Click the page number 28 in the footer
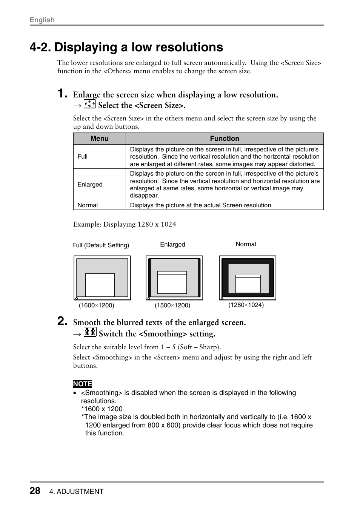[x=35, y=490]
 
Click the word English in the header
[x=42, y=20]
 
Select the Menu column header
[x=99, y=139]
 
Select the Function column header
[x=225, y=139]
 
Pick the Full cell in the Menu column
[x=82, y=156]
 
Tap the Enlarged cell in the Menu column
[x=90, y=184]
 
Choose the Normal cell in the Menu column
[x=88, y=205]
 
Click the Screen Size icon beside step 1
[x=90, y=104]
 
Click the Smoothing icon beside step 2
[x=90, y=332]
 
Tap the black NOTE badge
[x=83, y=384]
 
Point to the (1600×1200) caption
[x=96, y=305]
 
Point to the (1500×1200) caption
[x=172, y=305]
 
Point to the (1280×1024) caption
[x=246, y=305]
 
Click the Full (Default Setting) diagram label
[x=100, y=245]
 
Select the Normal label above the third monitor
[x=246, y=244]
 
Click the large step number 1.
[x=63, y=94]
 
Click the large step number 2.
[x=63, y=321]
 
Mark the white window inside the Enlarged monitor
[x=172, y=282]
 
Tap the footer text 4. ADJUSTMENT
[x=79, y=491]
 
